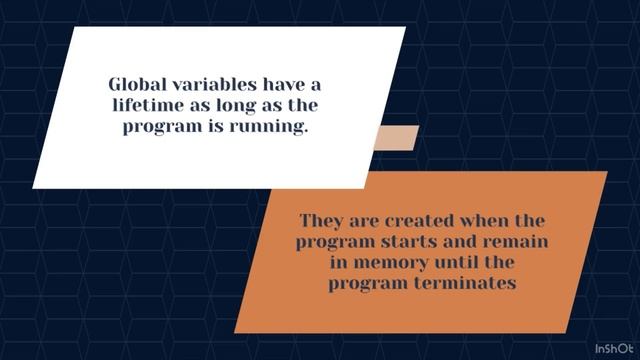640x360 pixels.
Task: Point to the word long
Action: (x=241, y=105)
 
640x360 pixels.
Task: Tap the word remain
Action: (x=518, y=242)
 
